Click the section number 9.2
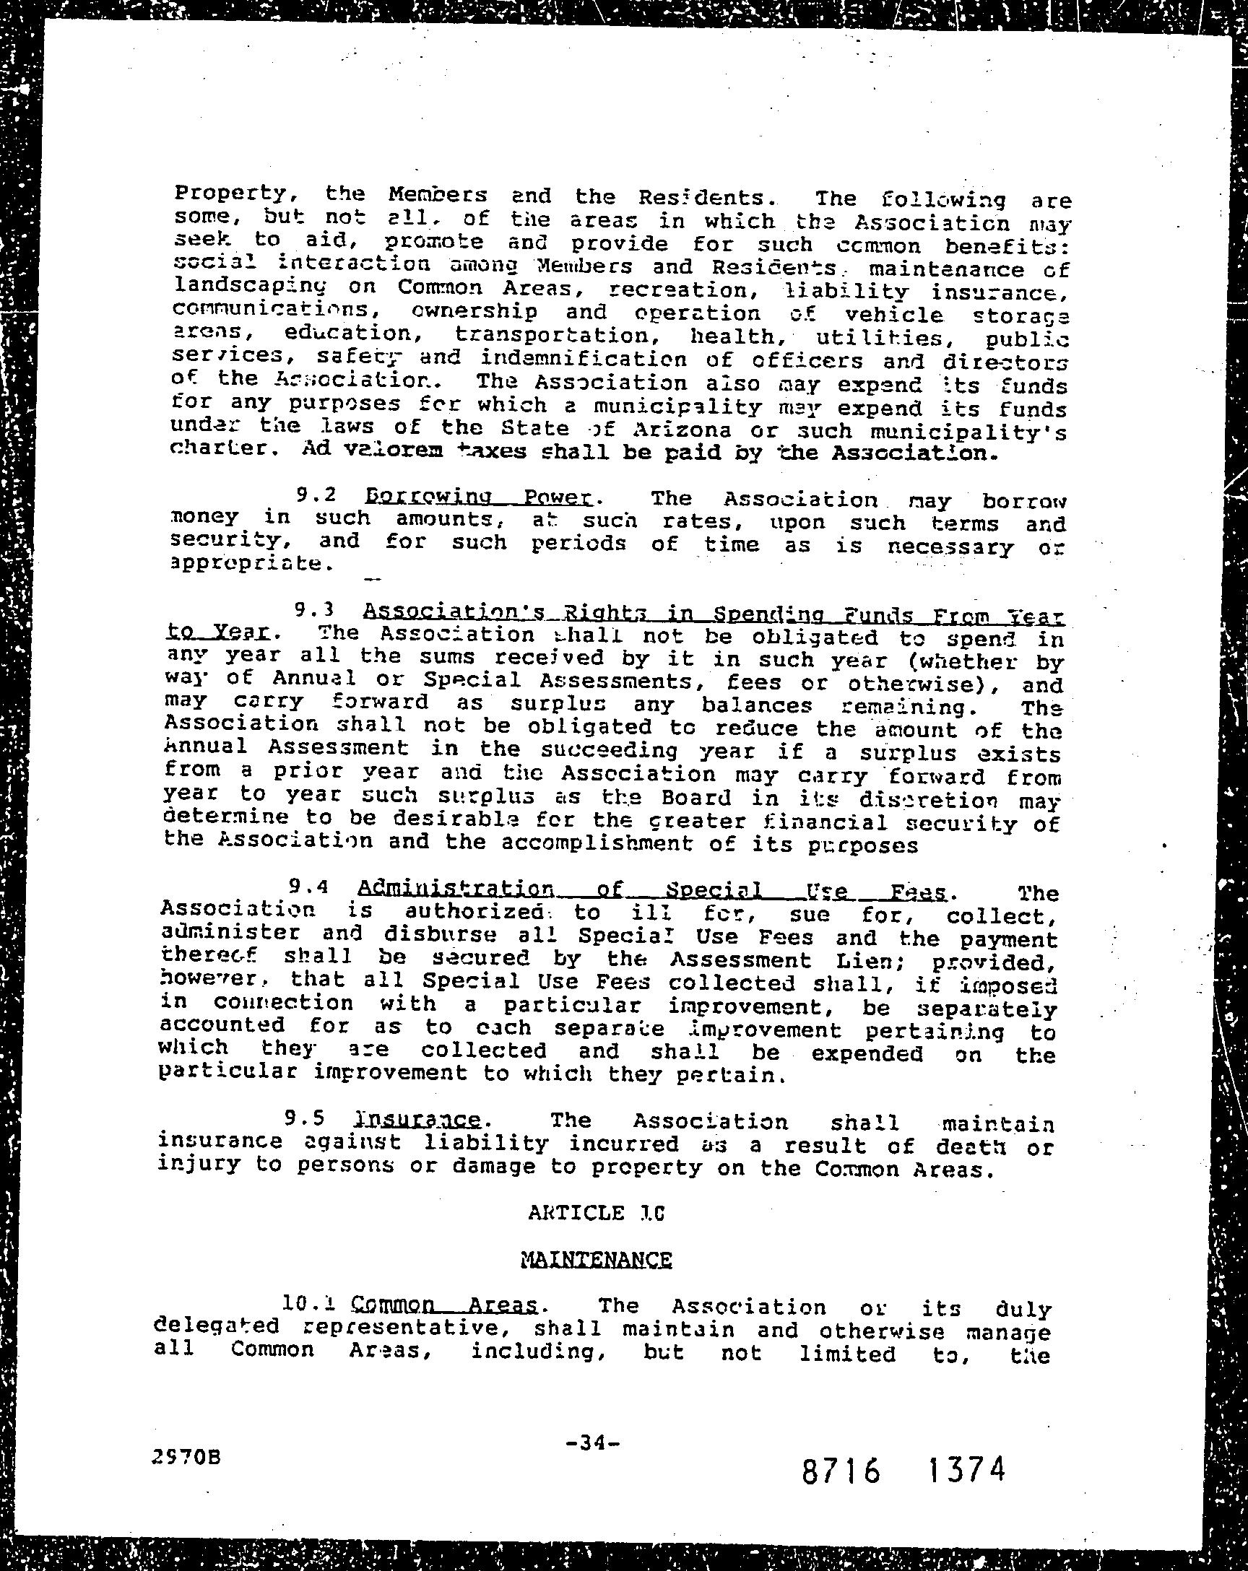[316, 495]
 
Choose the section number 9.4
[310, 887]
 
